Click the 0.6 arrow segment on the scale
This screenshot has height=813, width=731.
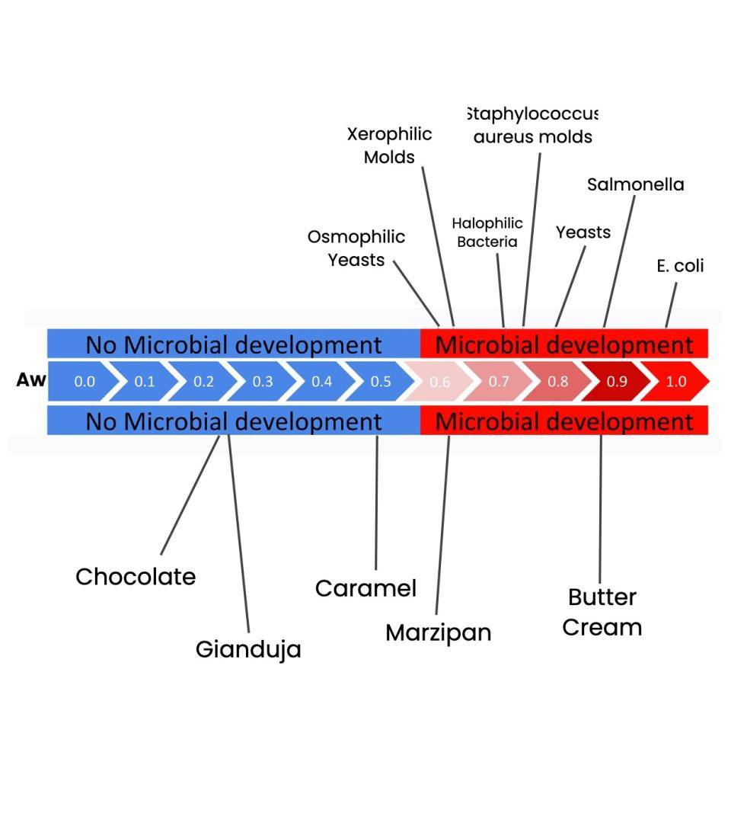440,382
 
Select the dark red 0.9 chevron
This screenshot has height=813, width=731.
617,382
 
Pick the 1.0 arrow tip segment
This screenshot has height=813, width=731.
676,382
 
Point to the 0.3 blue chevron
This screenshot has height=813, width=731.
262,382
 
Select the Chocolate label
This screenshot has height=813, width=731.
136,577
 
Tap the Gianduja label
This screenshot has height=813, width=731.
248,649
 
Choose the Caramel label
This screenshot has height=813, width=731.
365,588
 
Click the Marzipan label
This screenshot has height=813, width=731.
438,632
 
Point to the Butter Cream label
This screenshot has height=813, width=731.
602,612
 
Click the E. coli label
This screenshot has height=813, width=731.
680,266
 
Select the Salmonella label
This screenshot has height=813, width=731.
635,184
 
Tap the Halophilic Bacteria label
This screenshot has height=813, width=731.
487,232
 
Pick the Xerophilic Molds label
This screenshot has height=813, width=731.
389,146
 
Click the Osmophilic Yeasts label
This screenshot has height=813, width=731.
356,248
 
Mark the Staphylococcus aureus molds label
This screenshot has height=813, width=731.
532,126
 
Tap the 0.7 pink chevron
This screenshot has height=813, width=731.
499,382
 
